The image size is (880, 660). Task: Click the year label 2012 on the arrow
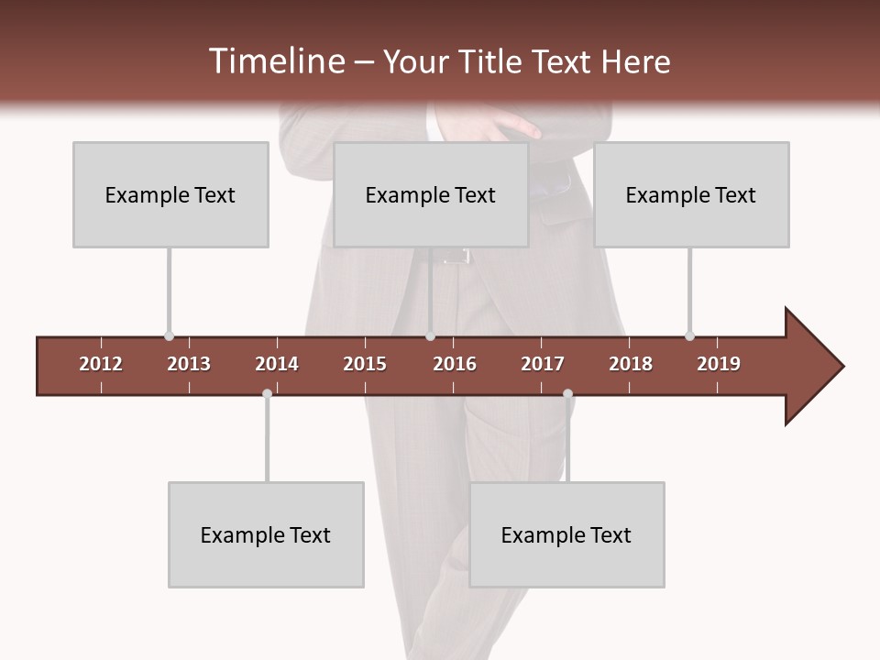[101, 364]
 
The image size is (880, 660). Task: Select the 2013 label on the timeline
[189, 364]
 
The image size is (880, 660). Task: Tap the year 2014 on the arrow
[277, 364]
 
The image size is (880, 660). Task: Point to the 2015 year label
[365, 364]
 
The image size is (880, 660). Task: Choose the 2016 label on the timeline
[455, 364]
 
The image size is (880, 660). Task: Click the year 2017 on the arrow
[543, 364]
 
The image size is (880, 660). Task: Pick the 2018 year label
[631, 364]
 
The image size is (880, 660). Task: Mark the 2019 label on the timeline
[719, 364]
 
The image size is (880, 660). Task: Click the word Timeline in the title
[275, 61]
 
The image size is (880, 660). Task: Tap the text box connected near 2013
[170, 194]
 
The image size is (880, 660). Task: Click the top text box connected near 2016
[431, 194]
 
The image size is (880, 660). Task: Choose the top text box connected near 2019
[691, 194]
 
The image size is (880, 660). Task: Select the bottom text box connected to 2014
[266, 534]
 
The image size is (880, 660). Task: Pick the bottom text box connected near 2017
[566, 534]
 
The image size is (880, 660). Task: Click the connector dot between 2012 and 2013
[169, 336]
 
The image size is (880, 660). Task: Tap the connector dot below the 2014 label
[267, 393]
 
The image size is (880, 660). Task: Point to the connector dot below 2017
[567, 393]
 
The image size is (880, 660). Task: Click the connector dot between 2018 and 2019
[689, 336]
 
